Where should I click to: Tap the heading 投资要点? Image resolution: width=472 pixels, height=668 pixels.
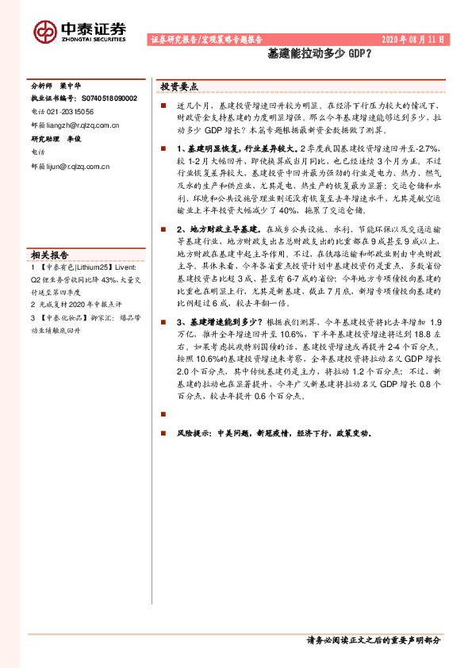[179, 86]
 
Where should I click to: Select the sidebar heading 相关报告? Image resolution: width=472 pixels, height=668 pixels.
[49, 255]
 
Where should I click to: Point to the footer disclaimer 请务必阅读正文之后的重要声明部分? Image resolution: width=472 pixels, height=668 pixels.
[373, 639]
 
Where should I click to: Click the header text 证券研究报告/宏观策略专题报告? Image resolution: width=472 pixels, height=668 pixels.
[205, 39]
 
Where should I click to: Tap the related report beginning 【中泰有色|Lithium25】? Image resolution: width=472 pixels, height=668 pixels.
[83, 268]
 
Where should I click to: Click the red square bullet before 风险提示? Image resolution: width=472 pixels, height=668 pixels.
[163, 434]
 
